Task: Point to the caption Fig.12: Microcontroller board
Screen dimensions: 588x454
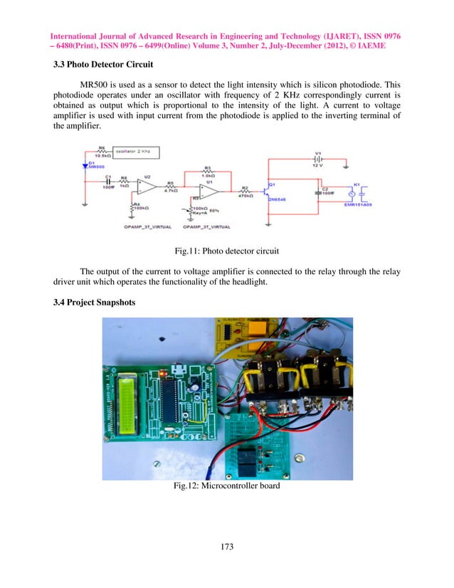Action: click(x=227, y=487)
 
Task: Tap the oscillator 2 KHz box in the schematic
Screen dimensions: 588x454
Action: click(x=135, y=152)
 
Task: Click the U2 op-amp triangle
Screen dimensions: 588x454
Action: click(x=147, y=186)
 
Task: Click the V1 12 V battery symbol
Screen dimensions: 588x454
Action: click(x=319, y=160)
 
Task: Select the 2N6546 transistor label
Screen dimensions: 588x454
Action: click(x=277, y=201)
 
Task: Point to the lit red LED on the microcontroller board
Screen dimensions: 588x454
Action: click(x=164, y=372)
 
